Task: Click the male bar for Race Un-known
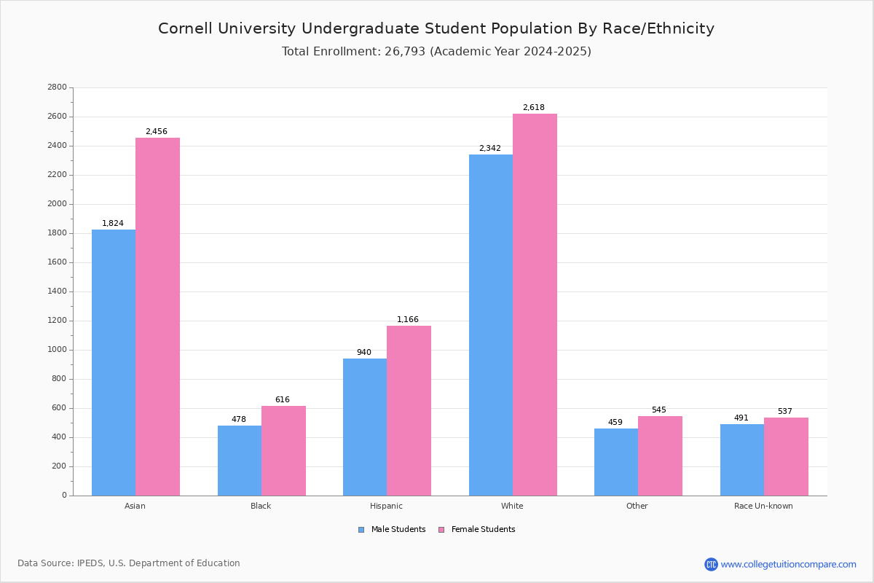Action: click(x=742, y=460)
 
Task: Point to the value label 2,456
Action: click(x=157, y=132)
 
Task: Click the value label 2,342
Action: click(x=489, y=149)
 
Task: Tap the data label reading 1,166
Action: click(x=408, y=320)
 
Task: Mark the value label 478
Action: click(x=239, y=420)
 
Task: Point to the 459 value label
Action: click(x=615, y=423)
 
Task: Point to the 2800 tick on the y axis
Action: click(x=57, y=87)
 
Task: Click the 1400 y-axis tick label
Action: click(x=57, y=291)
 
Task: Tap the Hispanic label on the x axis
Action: click(x=386, y=506)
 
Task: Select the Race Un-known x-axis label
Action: click(x=763, y=506)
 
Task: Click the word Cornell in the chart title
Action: click(x=186, y=28)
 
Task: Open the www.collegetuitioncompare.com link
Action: click(x=788, y=564)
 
